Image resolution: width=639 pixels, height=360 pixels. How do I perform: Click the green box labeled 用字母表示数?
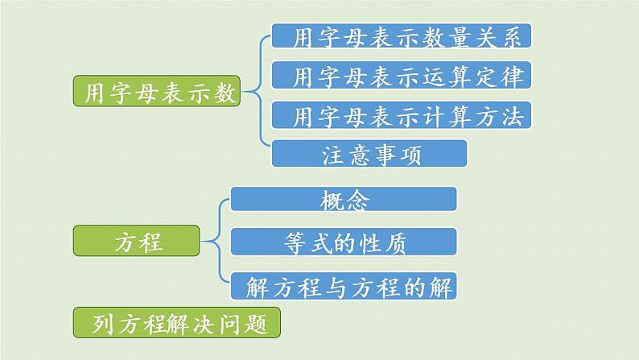coord(158,93)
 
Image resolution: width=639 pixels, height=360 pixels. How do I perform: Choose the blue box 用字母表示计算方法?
coord(402,116)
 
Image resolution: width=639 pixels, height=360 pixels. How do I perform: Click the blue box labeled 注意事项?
coord(369,153)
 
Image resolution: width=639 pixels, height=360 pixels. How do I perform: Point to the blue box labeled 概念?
coord(344,199)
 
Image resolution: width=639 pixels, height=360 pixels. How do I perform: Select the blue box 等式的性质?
coord(344,242)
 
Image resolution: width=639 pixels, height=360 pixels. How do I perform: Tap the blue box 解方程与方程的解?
coord(344,284)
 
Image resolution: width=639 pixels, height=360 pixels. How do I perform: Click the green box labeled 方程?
coord(138,241)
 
